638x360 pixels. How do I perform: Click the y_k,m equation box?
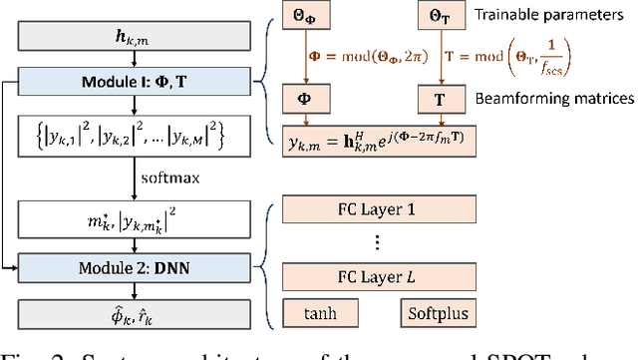click(376, 142)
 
